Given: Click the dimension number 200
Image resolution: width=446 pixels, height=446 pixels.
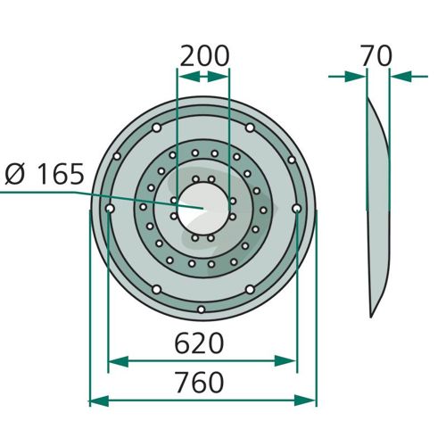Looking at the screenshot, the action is click(205, 56).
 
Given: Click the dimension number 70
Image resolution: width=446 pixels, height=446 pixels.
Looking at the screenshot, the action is click(376, 55).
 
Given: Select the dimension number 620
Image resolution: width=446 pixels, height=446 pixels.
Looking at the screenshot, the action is click(199, 343).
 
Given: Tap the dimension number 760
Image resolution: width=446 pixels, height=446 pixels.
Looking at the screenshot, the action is click(200, 382).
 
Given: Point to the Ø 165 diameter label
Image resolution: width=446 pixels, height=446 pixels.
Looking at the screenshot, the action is click(45, 174).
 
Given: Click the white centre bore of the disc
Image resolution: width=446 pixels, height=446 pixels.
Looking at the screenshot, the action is click(203, 208).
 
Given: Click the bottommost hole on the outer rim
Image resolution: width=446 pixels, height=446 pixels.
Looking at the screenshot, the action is click(202, 310).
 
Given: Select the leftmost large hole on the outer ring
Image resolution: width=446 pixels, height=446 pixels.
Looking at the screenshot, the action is click(110, 209).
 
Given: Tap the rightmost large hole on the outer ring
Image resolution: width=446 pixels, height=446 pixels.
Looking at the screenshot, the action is click(296, 209).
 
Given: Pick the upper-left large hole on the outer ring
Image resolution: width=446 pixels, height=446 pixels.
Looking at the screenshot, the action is click(157, 128).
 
